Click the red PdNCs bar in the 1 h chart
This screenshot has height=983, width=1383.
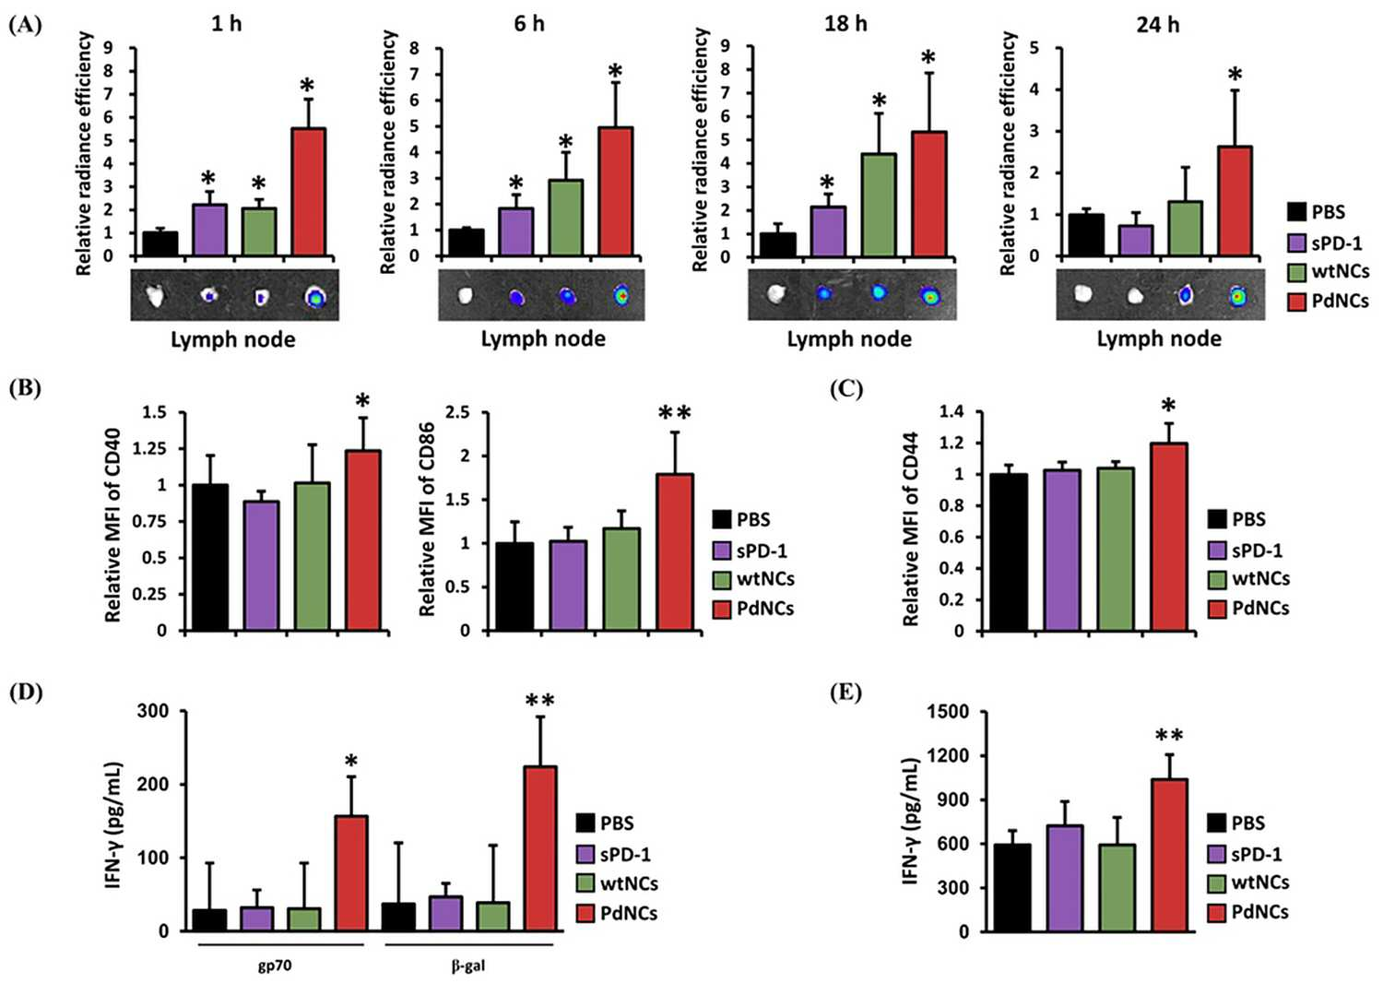308,192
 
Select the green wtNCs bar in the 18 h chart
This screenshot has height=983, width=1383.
879,205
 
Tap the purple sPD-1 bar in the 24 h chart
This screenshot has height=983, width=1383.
1135,240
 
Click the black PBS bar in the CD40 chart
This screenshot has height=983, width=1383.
210,557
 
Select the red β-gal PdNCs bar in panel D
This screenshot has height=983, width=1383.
540,848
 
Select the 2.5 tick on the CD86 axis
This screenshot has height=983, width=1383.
461,412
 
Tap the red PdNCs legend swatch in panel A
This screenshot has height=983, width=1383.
1296,302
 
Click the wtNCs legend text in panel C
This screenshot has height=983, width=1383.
1260,578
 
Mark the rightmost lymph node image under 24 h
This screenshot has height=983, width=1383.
1236,296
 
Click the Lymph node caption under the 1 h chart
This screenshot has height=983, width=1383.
232,340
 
